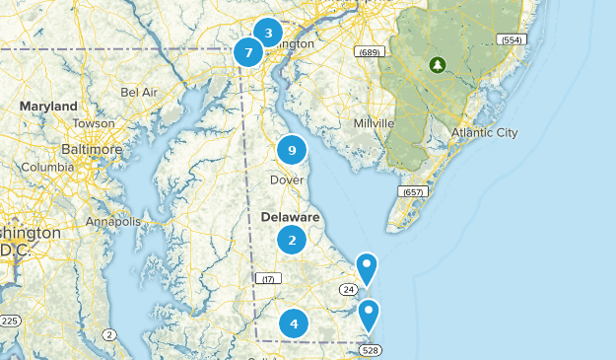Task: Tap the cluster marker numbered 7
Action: click(249, 50)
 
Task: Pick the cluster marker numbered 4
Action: click(293, 324)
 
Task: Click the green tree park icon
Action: click(437, 66)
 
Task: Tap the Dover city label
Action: click(287, 180)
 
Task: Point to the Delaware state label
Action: click(291, 216)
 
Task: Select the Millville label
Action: click(375, 123)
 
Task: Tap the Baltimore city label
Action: click(92, 149)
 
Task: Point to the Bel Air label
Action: click(139, 92)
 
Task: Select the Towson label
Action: click(93, 124)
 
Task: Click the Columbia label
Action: click(47, 168)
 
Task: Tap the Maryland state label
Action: click(48, 106)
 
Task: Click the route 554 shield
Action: click(510, 40)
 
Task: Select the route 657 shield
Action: click(414, 190)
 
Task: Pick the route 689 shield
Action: click(370, 51)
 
